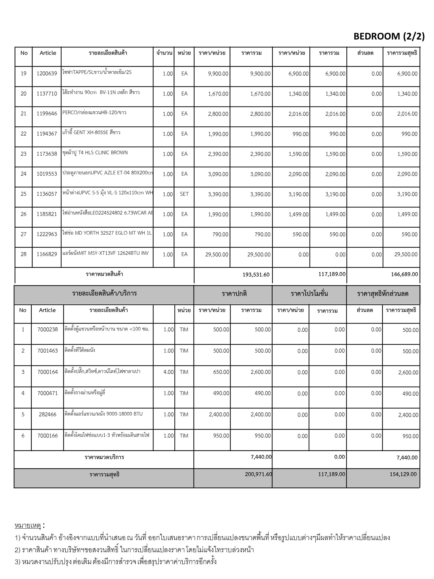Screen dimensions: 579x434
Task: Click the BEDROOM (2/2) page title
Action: click(389, 36)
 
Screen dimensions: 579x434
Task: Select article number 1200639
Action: click(47, 74)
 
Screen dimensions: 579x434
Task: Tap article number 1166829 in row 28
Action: click(47, 254)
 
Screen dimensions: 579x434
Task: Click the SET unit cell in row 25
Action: click(184, 194)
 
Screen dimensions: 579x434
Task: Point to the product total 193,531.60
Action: click(256, 275)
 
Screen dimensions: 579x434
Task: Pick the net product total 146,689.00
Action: click(404, 274)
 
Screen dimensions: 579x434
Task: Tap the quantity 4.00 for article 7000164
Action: click(168, 372)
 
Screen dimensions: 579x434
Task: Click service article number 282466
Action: click(47, 414)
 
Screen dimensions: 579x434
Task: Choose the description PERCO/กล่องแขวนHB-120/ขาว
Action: click(94, 113)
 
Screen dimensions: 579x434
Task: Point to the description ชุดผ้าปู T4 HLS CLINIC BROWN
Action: click(95, 153)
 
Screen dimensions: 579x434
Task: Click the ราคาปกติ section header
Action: click(234, 294)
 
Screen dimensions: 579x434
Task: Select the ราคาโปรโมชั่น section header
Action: click(309, 294)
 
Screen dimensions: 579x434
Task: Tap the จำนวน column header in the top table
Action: click(164, 53)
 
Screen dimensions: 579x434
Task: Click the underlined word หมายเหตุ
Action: click(28, 526)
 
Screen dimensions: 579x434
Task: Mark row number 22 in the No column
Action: click(23, 134)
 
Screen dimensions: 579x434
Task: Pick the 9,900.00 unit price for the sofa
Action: click(218, 74)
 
